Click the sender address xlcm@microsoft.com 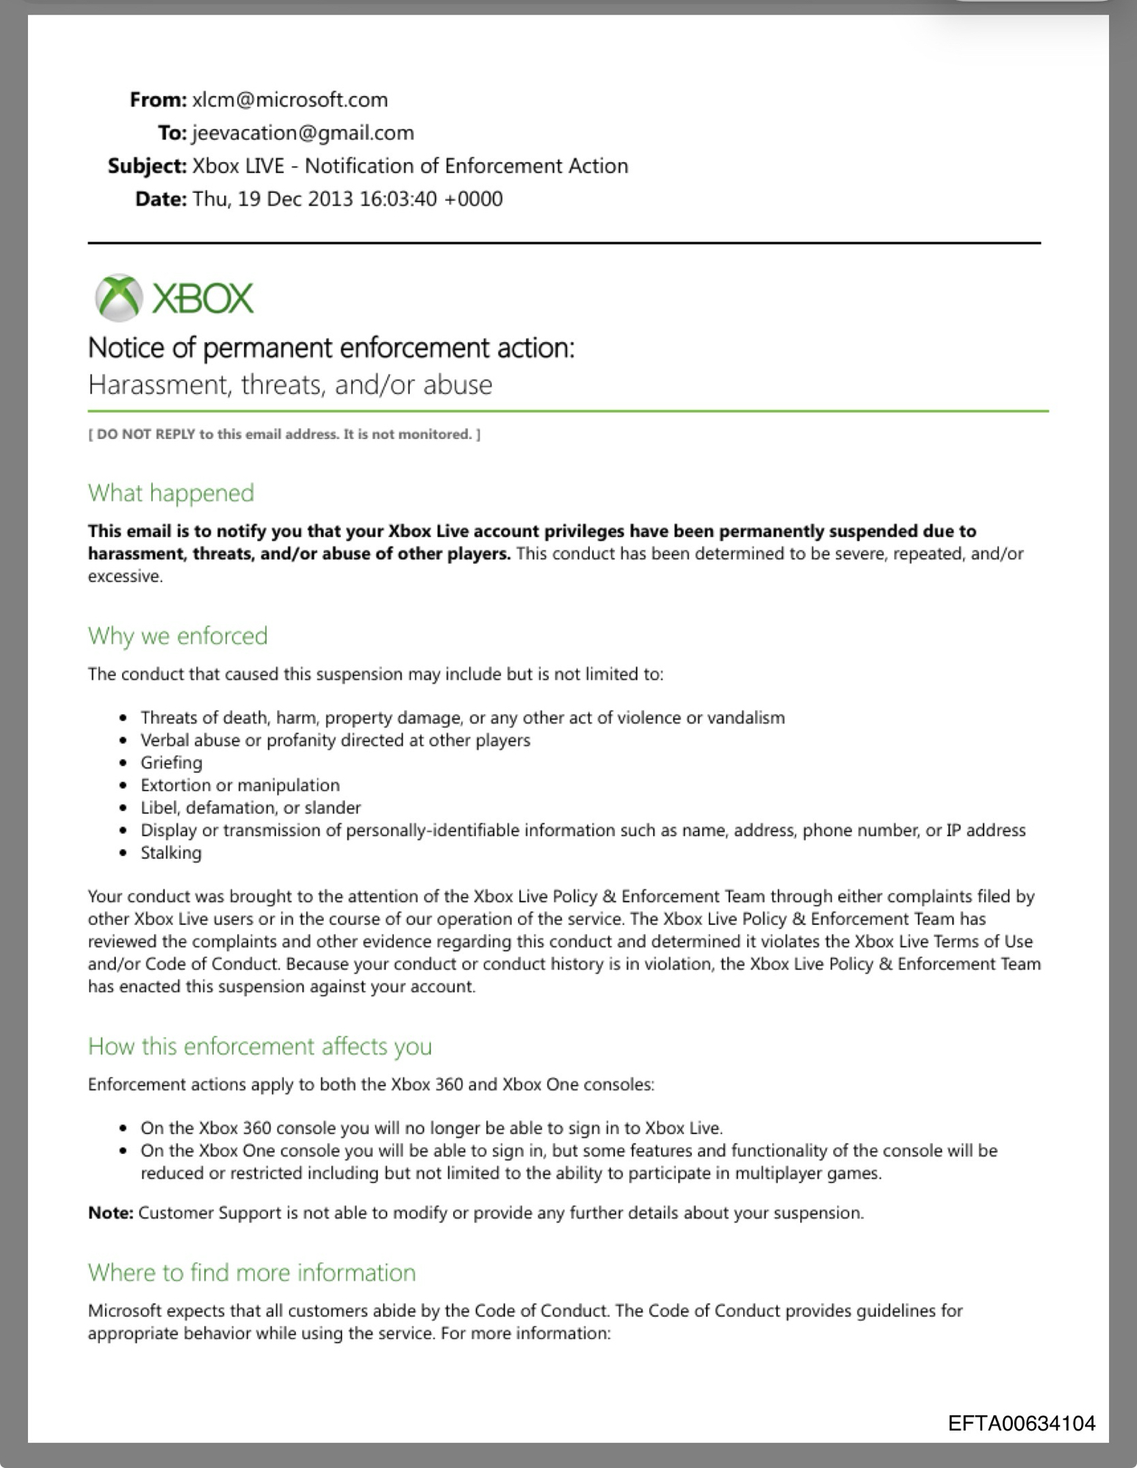[x=289, y=100]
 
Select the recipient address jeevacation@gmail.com [x=303, y=133]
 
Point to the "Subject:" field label [x=147, y=166]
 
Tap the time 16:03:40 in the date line [x=397, y=199]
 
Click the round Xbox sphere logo [x=118, y=298]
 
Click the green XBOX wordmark [x=203, y=298]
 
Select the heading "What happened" [x=171, y=493]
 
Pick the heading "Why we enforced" [x=178, y=636]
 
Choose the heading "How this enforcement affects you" [x=260, y=1046]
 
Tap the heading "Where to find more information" [x=252, y=1272]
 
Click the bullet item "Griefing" [x=171, y=763]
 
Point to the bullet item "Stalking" [x=171, y=853]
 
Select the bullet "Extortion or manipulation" [x=240, y=785]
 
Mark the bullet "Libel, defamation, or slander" [x=250, y=808]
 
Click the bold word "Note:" [x=110, y=1213]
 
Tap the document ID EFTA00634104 [x=1022, y=1424]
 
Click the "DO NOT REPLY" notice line [x=284, y=435]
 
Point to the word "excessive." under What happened [x=125, y=576]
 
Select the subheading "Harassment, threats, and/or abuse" [x=290, y=385]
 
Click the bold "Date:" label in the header [x=162, y=199]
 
